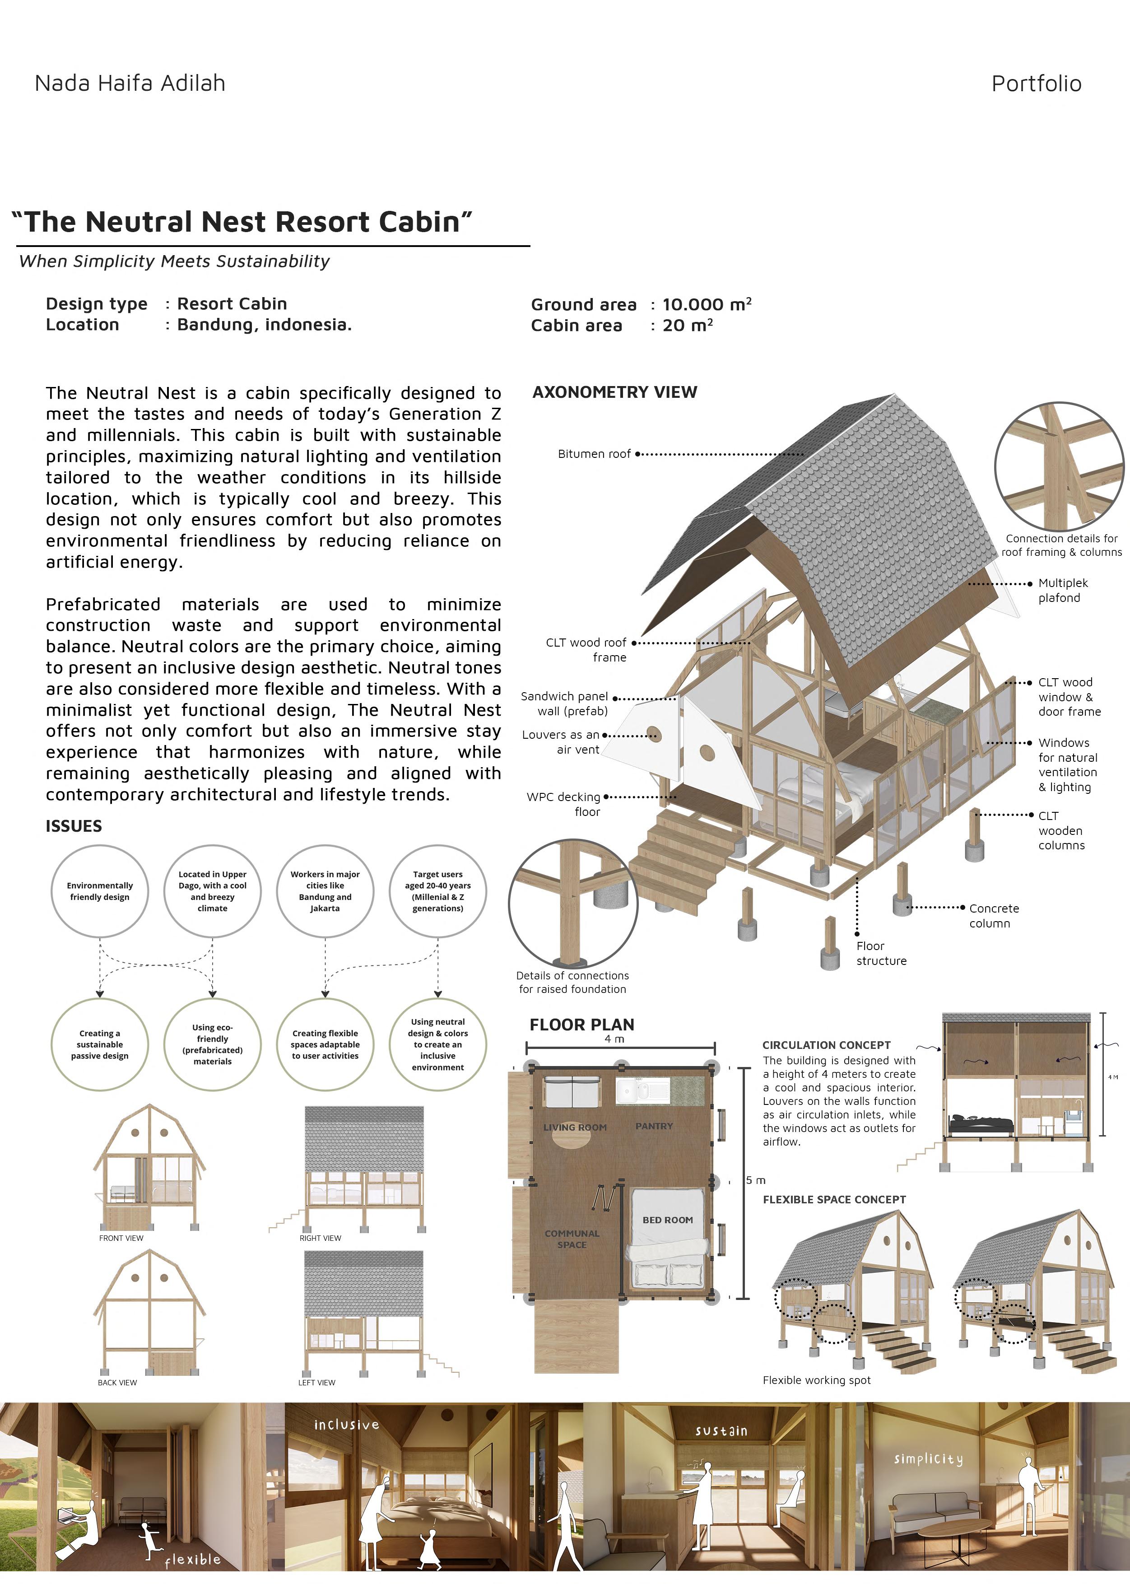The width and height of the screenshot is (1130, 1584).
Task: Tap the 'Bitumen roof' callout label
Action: coord(594,454)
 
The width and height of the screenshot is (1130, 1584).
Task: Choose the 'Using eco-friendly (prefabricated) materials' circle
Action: coord(212,1044)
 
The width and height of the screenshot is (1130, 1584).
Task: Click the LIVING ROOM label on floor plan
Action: coord(575,1127)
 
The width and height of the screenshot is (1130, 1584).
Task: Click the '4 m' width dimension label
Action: coord(614,1039)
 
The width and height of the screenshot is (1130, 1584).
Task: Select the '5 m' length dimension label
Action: coord(756,1180)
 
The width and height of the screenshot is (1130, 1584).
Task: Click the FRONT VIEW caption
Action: coord(121,1238)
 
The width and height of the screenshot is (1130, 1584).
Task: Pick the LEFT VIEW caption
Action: coord(316,1382)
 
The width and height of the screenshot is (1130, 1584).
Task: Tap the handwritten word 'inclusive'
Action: coord(347,1425)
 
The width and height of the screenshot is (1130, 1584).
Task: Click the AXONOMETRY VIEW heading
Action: coord(614,392)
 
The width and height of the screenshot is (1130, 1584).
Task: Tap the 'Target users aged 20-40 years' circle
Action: coord(437,891)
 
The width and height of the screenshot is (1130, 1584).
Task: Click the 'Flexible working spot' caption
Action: coord(816,1380)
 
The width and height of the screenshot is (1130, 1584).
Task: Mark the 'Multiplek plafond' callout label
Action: coord(1062,590)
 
